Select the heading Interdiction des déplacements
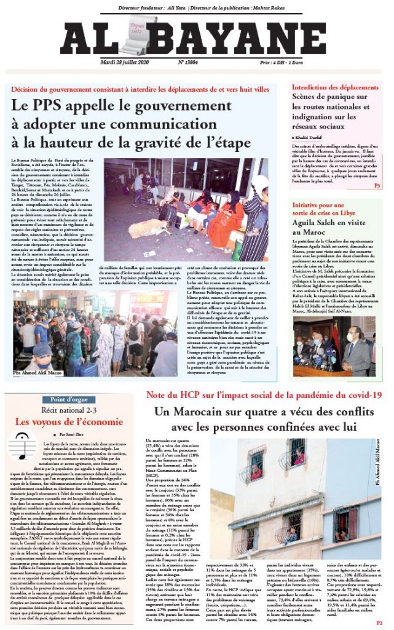click(x=335, y=87)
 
